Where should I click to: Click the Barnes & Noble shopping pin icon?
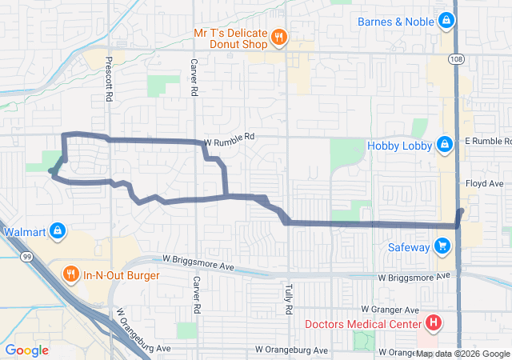[449, 22]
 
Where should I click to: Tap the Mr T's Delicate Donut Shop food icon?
[278, 36]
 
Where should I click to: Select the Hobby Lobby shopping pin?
[443, 145]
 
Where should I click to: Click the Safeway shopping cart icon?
[442, 246]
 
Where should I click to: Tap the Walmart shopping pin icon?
[58, 232]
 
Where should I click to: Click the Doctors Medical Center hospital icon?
[433, 324]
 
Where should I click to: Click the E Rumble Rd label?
[487, 141]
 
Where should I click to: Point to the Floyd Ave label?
[485, 183]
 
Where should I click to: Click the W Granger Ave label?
[390, 309]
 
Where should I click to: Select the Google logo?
[27, 350]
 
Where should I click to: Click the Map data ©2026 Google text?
[462, 354]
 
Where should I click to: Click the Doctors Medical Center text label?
[362, 324]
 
